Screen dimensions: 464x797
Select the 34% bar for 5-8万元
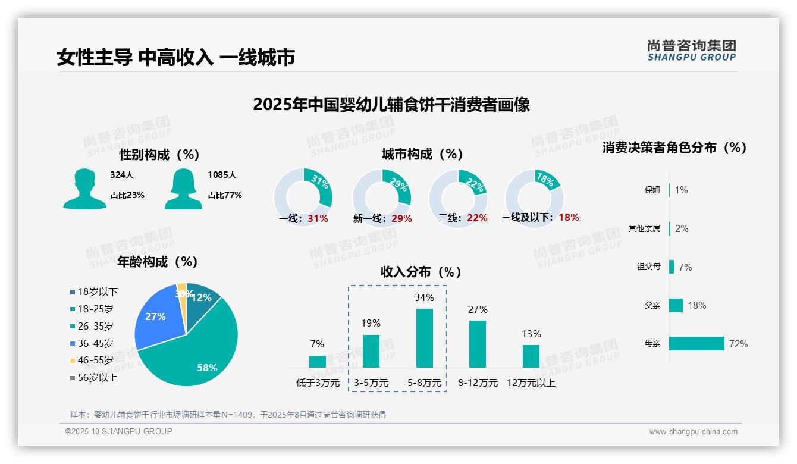click(424, 338)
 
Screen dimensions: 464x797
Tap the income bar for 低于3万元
click(318, 362)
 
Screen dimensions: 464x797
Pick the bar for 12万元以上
click(531, 356)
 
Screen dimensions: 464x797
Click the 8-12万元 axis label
click(478, 383)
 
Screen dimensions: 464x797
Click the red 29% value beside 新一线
click(401, 218)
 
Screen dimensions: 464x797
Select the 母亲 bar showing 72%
click(696, 344)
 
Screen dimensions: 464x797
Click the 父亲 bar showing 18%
click(676, 305)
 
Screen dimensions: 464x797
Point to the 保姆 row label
click(652, 190)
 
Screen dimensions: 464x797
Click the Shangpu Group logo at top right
click(691, 50)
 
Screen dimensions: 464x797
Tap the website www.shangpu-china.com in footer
click(693, 432)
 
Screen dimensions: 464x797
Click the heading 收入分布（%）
click(421, 272)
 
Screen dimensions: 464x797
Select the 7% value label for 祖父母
click(685, 267)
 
